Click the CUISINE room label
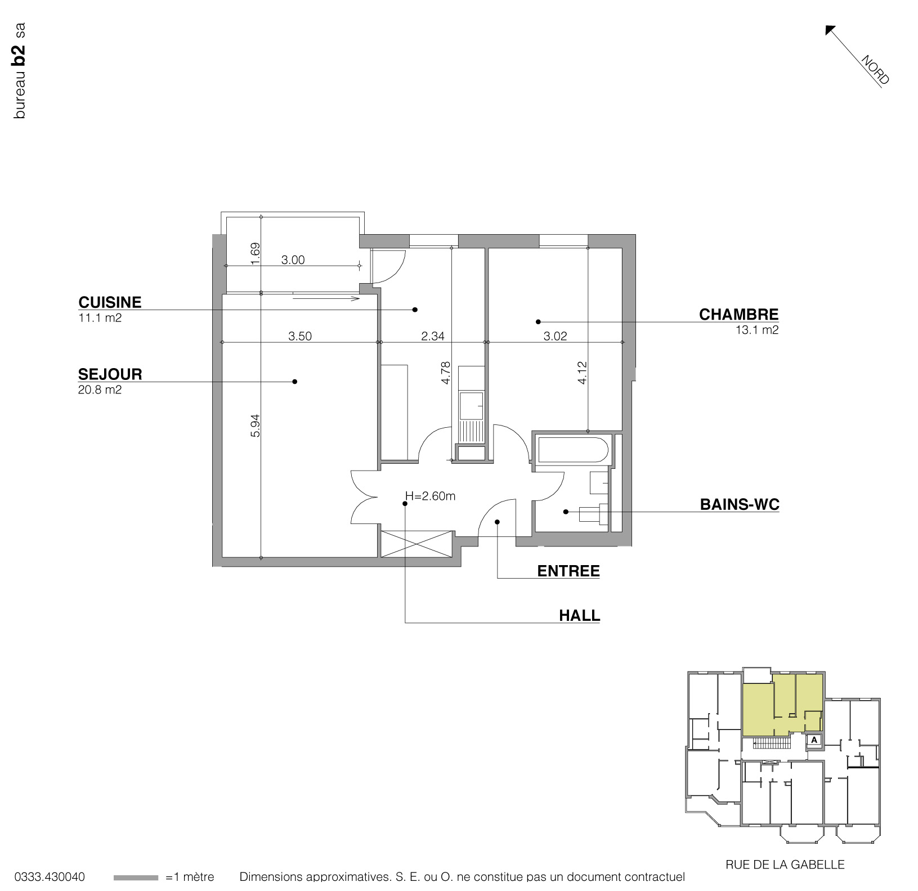tap(110, 302)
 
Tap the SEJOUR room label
tap(110, 374)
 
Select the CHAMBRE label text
tap(738, 315)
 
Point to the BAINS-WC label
tap(739, 504)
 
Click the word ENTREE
tap(568, 571)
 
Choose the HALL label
tap(579, 616)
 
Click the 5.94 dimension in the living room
tap(256, 426)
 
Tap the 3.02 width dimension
tap(554, 336)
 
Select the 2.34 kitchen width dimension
tap(432, 336)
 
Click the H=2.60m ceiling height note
tap(430, 496)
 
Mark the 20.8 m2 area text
tap(100, 389)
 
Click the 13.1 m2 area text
tap(757, 330)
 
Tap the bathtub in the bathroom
tap(572, 450)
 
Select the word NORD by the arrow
tap(875, 70)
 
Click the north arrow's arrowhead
tap(829, 29)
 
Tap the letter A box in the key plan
tap(814, 740)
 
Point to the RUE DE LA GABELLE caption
tap(785, 865)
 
